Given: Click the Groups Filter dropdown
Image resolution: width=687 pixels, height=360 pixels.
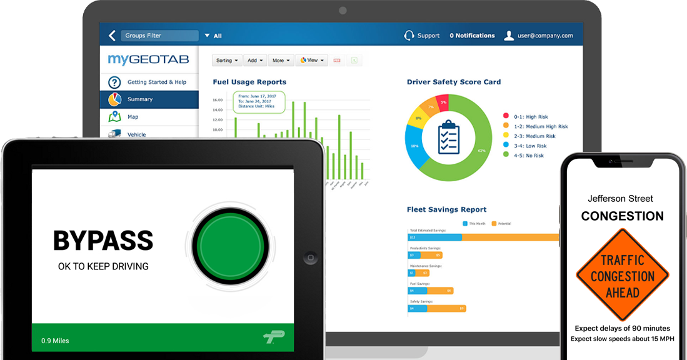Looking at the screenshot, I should (x=159, y=36).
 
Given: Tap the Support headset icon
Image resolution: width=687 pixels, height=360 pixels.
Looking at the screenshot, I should (x=409, y=36).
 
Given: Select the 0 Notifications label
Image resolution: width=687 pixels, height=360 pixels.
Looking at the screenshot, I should (x=472, y=36).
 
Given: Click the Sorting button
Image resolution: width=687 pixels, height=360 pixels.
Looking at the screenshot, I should (x=227, y=61).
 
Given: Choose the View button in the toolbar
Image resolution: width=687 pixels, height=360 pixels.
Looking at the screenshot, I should (x=311, y=61).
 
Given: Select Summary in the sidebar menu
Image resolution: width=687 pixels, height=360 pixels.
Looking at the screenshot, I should (x=140, y=99).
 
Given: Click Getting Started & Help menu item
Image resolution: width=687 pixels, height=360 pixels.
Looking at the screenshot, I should (x=156, y=82).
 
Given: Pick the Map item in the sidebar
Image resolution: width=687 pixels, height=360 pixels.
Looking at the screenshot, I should (x=133, y=117).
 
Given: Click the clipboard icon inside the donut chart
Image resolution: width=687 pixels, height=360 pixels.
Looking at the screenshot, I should (x=449, y=137).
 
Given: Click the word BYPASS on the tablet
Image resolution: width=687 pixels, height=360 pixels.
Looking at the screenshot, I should (x=103, y=241).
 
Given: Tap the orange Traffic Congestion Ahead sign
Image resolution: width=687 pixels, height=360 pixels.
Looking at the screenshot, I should (x=622, y=275).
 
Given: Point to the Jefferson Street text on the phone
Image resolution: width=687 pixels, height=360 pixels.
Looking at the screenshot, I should (x=621, y=199).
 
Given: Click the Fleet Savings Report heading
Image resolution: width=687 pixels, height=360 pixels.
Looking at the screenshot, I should (x=446, y=209).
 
